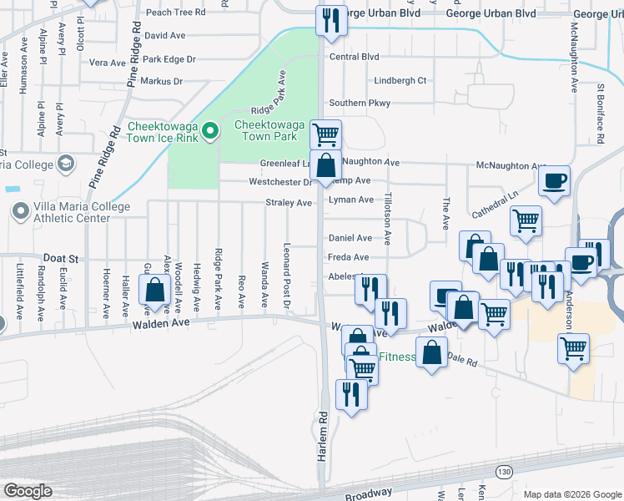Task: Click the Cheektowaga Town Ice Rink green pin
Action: pyautogui.click(x=210, y=130)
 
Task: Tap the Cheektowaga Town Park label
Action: pyautogui.click(x=266, y=130)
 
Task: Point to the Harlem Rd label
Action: pyautogui.click(x=322, y=433)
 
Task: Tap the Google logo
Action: pyautogui.click(x=28, y=491)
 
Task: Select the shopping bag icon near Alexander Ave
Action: pyautogui.click(x=155, y=291)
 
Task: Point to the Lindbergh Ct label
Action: pyautogui.click(x=400, y=81)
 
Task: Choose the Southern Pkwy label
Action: pyautogui.click(x=360, y=103)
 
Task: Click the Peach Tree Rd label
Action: pyautogui.click(x=175, y=13)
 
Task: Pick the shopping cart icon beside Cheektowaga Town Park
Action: pyautogui.click(x=325, y=134)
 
